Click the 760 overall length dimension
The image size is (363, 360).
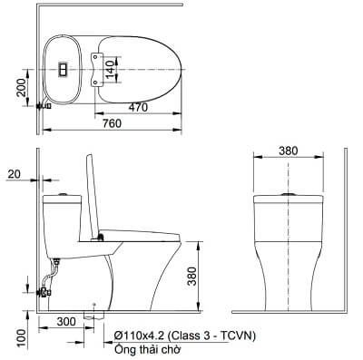coord(112,123)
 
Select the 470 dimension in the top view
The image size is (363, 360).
coord(138,107)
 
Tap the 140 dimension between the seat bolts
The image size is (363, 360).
coord(111,69)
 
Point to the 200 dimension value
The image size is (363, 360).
coord(21,88)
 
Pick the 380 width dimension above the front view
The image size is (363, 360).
coord(289,151)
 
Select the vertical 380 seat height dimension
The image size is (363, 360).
coord(191,276)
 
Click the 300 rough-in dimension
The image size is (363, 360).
coord(66,322)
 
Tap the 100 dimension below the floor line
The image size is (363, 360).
coord(22,338)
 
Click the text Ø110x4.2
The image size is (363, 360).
coord(140,336)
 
